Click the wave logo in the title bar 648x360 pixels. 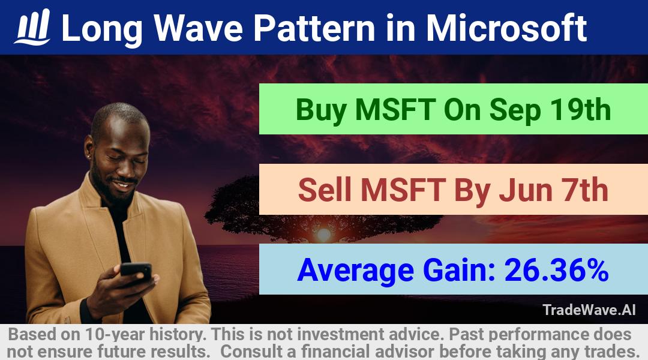(x=32, y=27)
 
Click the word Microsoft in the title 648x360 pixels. (x=506, y=28)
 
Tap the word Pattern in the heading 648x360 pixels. (x=314, y=28)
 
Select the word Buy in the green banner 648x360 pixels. (x=321, y=110)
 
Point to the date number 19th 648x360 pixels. (x=580, y=110)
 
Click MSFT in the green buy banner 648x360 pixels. (x=395, y=110)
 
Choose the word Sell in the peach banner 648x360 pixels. (x=325, y=190)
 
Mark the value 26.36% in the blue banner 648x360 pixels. (x=557, y=270)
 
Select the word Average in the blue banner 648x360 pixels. (x=355, y=271)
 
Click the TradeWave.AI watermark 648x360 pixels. (x=589, y=310)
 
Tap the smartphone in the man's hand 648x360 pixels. (x=136, y=272)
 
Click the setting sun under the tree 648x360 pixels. (x=323, y=235)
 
